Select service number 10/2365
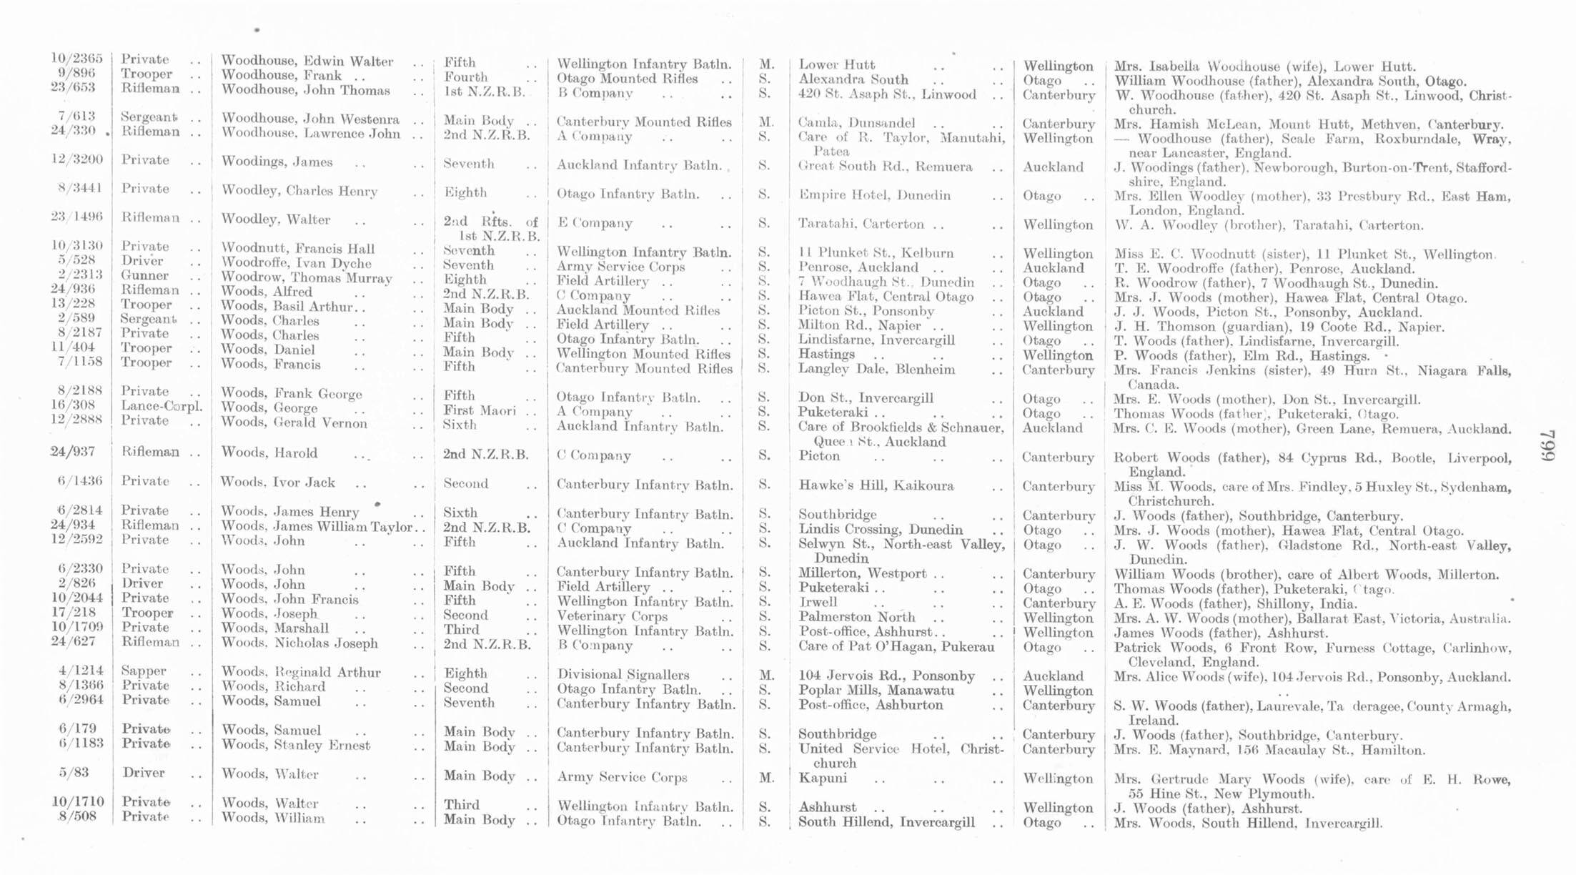tap(76, 59)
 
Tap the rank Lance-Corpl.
tap(162, 406)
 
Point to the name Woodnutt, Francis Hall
tap(297, 249)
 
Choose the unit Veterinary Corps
tap(612, 616)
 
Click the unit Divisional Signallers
tap(623, 674)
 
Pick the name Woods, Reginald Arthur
tap(301, 672)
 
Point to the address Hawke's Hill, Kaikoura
tap(876, 485)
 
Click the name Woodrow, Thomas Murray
tap(307, 278)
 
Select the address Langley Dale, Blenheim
tap(876, 369)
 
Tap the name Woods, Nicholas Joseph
tap(299, 643)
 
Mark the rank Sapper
tap(144, 671)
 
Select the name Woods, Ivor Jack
tap(278, 483)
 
